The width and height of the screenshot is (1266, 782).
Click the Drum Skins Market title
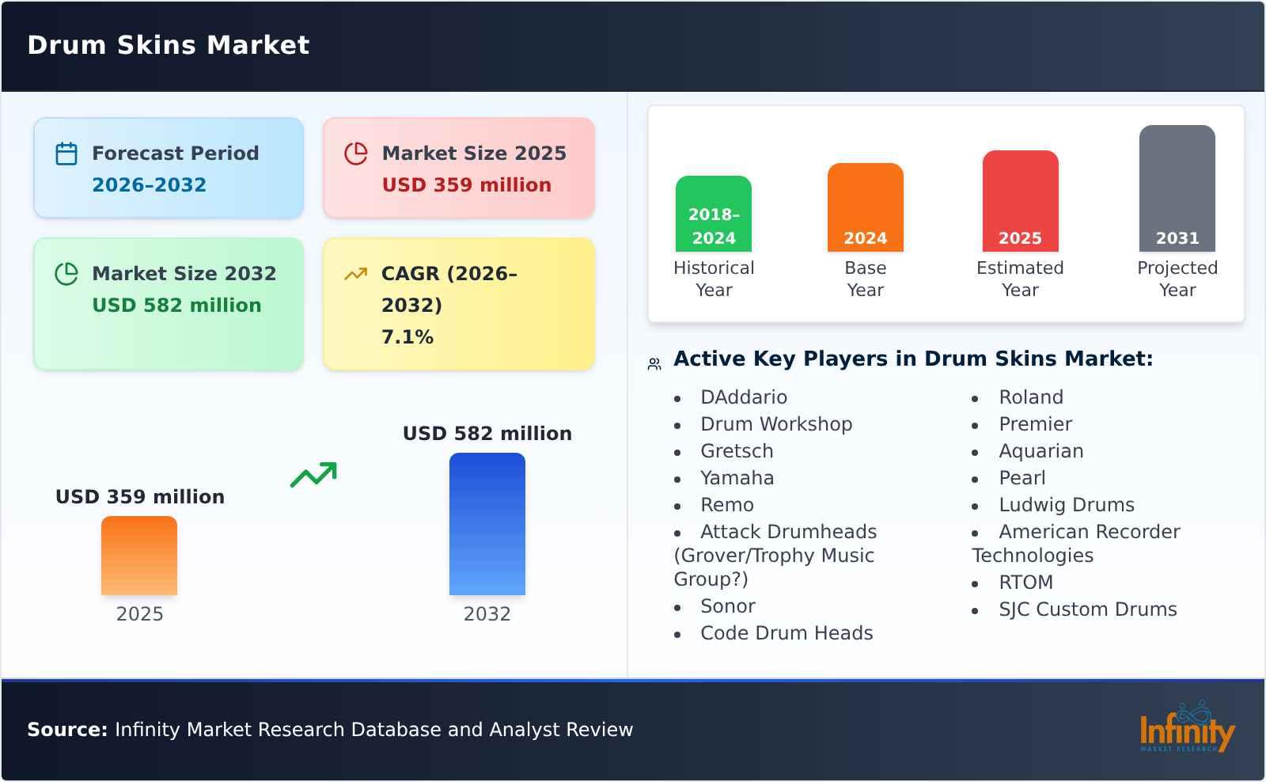168,45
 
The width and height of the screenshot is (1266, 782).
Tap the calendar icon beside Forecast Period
66,154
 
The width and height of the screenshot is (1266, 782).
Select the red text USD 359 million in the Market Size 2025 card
466,185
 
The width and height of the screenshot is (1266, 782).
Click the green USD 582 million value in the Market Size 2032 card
176,306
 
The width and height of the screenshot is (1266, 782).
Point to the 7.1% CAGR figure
407,337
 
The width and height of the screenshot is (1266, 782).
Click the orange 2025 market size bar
139,556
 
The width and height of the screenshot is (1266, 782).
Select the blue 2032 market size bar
487,524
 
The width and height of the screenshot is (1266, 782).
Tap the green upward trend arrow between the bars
313,475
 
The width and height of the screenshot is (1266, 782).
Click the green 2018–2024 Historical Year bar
713,214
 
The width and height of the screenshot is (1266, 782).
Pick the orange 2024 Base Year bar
865,207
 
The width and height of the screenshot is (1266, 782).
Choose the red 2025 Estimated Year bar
1020,201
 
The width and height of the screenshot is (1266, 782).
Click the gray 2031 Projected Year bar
1177,188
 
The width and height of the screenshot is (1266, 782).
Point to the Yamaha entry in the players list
737,478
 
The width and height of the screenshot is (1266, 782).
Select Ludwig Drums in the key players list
1066,505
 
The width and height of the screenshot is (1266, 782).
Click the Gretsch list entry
737,451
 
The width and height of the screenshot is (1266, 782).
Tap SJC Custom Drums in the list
1087,609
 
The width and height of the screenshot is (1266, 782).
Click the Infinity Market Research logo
1186,728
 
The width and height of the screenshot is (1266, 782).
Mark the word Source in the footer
66,730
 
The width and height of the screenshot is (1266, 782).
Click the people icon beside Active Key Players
654,364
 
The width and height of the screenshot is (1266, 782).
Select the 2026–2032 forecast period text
149,185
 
